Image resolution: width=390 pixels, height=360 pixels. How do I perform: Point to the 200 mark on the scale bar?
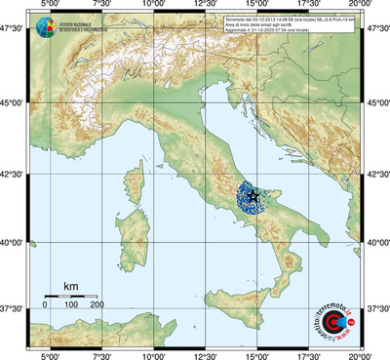tap(97, 304)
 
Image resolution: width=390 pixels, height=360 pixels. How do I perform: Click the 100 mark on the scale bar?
tap(71, 304)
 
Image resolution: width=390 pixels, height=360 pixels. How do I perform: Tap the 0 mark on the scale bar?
tap(45, 304)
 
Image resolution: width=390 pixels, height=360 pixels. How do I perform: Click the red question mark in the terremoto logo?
tap(352, 314)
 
